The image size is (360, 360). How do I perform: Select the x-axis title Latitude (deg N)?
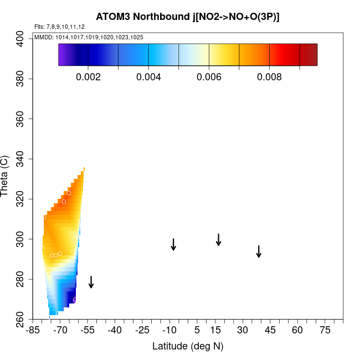pyautogui.click(x=187, y=346)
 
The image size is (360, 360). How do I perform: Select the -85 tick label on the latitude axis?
pyautogui.click(x=34, y=331)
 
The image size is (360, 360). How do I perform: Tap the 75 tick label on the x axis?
pyautogui.click(x=325, y=331)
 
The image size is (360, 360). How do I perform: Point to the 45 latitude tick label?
pyautogui.click(x=270, y=331)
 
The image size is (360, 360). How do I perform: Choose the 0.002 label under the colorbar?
pyautogui.click(x=88, y=77)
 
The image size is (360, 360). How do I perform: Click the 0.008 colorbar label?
pyautogui.click(x=269, y=77)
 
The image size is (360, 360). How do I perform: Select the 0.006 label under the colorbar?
pyautogui.click(x=209, y=77)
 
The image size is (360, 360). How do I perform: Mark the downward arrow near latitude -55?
pyautogui.click(x=91, y=282)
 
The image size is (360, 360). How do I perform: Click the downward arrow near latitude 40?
pyautogui.click(x=259, y=251)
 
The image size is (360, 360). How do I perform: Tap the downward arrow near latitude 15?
pyautogui.click(x=219, y=240)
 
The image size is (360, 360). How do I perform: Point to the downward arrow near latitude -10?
pyautogui.click(x=173, y=245)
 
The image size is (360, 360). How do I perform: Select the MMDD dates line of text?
pyautogui.click(x=89, y=37)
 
